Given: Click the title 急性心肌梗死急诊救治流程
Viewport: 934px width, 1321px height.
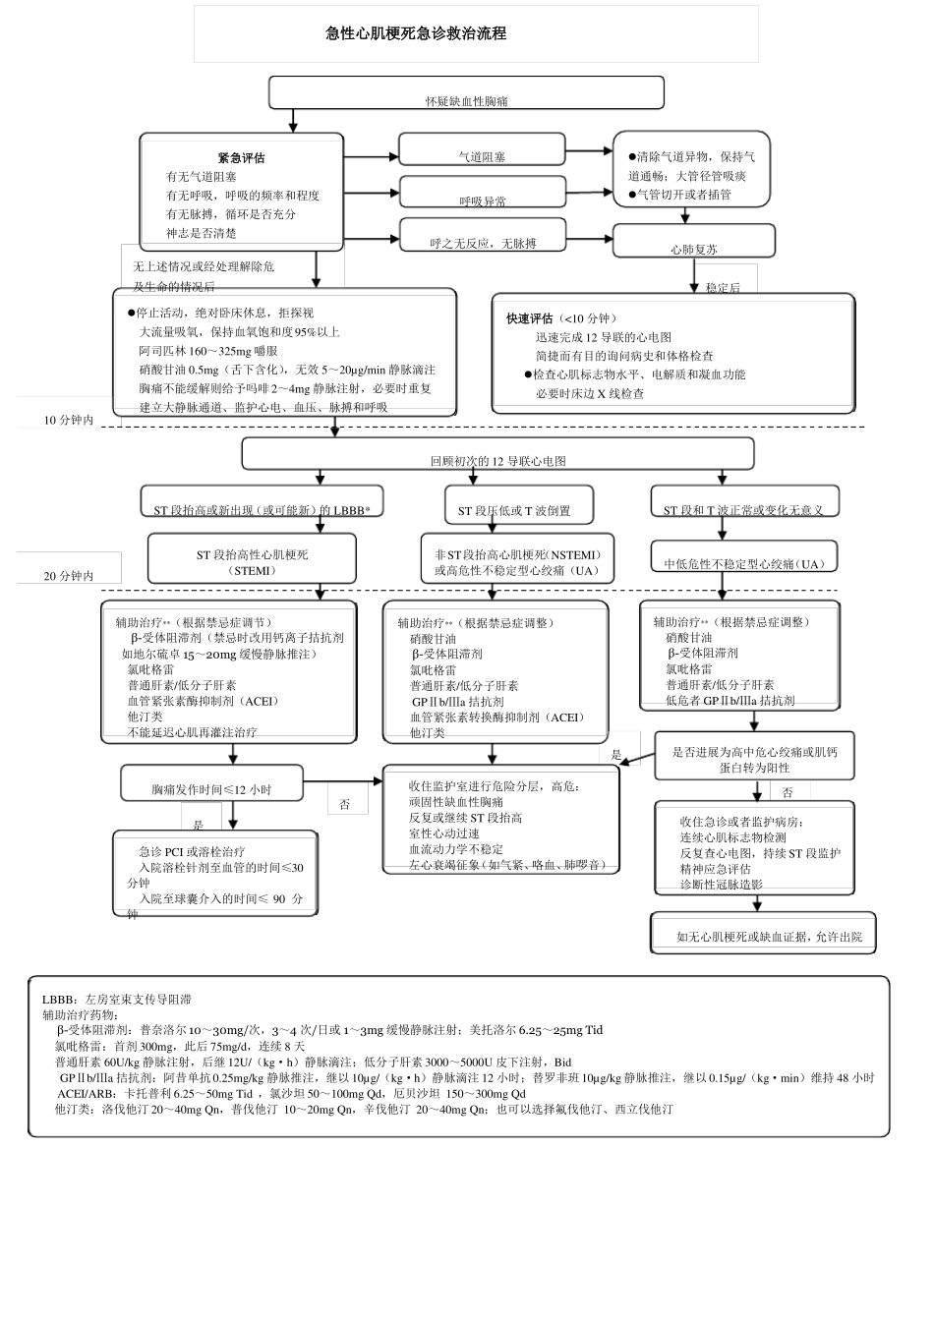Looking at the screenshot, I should (416, 33).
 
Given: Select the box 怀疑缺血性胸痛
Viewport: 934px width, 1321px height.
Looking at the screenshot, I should (466, 94).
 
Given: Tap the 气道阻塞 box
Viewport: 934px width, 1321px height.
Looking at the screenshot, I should (482, 151).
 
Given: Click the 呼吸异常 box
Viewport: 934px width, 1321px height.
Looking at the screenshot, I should (482, 194).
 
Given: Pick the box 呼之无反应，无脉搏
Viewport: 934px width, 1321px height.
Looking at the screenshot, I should (483, 237).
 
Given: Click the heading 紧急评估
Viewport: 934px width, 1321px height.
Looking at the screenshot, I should (241, 158).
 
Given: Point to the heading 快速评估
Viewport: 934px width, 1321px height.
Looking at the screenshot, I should (530, 318).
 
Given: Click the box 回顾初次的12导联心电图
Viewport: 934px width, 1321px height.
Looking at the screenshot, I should (497, 455).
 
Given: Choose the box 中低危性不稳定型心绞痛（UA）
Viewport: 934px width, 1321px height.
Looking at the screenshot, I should (744, 560).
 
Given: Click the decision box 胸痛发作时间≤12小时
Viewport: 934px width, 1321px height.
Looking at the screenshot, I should (211, 785).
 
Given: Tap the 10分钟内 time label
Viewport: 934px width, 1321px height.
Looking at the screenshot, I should (69, 421).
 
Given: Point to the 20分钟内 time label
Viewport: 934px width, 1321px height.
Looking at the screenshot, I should (69, 576).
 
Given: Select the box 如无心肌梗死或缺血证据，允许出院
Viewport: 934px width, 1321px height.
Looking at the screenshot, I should (763, 934).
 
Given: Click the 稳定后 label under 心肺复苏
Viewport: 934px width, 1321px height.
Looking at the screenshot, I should (723, 287).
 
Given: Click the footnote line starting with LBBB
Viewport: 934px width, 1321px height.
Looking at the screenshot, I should (116, 999).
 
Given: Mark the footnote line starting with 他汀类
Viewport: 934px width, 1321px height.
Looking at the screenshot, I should (364, 1109).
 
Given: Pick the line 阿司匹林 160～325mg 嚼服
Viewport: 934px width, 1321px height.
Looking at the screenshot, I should (207, 351).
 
